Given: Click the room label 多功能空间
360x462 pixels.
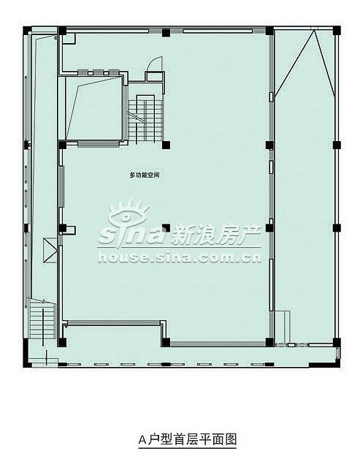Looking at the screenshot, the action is point(145,175).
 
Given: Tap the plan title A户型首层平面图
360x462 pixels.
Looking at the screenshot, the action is point(188,439).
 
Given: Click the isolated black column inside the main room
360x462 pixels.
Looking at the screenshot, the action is point(166,228).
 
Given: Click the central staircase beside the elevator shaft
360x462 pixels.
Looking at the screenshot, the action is point(145,120).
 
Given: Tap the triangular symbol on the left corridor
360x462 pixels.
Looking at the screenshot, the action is point(50,250).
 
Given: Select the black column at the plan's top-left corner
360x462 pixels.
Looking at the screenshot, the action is point(27,31).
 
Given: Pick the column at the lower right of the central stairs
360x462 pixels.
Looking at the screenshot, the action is point(166,145).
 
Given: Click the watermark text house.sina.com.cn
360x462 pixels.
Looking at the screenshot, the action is point(179,257).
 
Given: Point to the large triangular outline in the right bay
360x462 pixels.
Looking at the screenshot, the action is point(305,63).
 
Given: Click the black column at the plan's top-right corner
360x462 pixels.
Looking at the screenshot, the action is point(337,31).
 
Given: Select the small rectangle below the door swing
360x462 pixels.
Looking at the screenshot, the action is point(155,76).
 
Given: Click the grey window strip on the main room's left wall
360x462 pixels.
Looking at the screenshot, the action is point(61,186).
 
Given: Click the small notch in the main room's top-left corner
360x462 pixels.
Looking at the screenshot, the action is point(69,39).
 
